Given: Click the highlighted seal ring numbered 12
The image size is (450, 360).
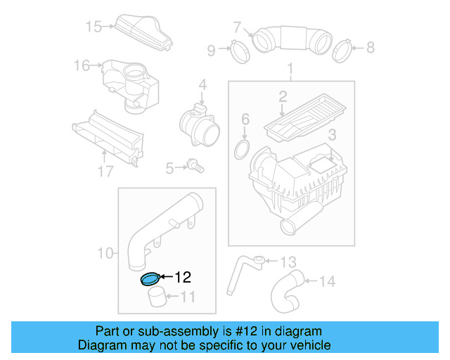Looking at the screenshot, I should pos(150,281).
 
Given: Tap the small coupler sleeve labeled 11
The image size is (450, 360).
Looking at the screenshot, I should pos(158,299).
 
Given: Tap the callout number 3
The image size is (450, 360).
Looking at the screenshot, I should pos(332,134).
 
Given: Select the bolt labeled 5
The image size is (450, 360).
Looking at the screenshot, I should pos(195,167).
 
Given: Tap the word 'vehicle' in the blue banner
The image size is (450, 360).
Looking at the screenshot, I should pos(309,345).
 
